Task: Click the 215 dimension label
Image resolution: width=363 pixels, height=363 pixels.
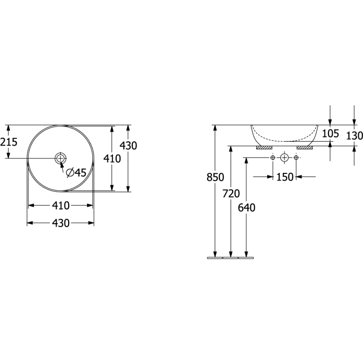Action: pos(8,142)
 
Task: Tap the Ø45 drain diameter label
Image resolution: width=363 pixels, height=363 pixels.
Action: pos(76,172)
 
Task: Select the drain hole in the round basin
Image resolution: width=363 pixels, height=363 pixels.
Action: pos(60,159)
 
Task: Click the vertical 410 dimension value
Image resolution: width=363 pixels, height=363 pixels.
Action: pos(112,159)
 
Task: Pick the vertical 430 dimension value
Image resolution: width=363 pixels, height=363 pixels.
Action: pos(128,146)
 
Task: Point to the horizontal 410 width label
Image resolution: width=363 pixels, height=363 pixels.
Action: pos(61,205)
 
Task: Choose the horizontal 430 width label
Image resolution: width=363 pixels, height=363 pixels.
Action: pos(61,223)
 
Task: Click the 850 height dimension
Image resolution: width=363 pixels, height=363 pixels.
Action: pos(215,177)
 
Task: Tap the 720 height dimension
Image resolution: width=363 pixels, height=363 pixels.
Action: pos(231,194)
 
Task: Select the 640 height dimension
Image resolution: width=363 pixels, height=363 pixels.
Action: pos(246,207)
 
